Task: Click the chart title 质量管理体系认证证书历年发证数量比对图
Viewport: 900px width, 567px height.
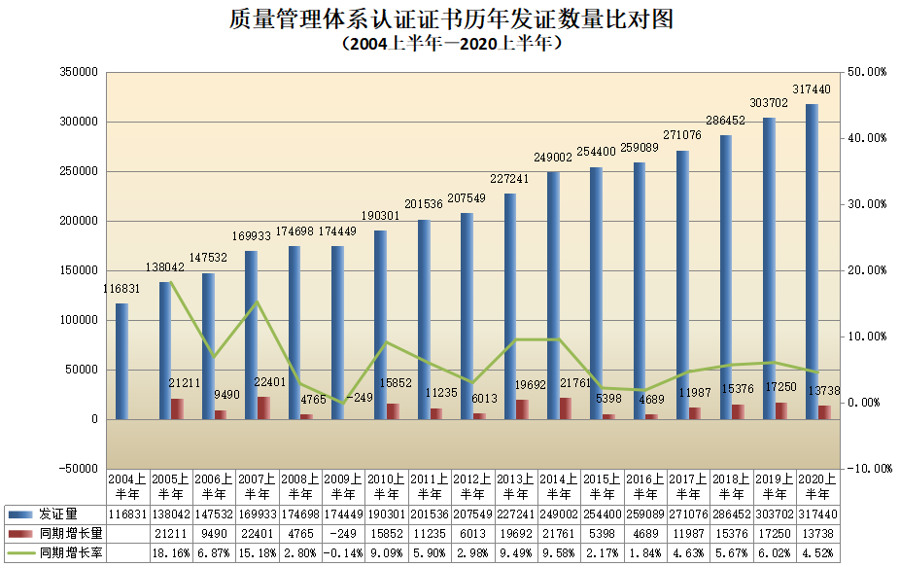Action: pyautogui.click(x=451, y=18)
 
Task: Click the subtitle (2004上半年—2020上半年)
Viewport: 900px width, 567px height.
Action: pyautogui.click(x=451, y=44)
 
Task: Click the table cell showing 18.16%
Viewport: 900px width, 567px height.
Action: pyautogui.click(x=170, y=552)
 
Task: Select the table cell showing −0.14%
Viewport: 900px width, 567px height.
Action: pyautogui.click(x=343, y=552)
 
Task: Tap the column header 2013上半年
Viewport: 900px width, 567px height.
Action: pyautogui.click(x=516, y=486)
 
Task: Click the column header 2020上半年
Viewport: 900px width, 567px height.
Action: pyautogui.click(x=817, y=486)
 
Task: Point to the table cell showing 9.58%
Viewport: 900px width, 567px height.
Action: pyautogui.click(x=559, y=552)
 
